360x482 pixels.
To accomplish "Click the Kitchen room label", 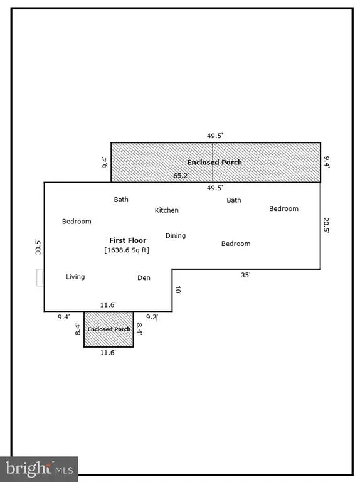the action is tap(166, 210).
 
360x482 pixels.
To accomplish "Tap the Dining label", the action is tap(176, 236).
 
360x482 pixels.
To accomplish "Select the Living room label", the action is tap(75, 277).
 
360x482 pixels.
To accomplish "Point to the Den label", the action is tap(144, 277).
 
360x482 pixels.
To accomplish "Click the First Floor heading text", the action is tap(128, 240).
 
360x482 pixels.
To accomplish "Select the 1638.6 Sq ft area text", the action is tap(127, 250).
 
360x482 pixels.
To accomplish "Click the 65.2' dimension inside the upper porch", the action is tap(181, 176).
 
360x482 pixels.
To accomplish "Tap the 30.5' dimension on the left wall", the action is tap(38, 247).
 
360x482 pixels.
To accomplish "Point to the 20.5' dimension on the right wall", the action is tap(326, 225).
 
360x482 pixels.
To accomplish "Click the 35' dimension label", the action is tap(245, 275).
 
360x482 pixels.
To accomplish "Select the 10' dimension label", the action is tap(178, 290).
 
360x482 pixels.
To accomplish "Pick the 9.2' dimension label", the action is tap(152, 317).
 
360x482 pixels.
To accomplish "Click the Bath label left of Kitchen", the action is tap(121, 200).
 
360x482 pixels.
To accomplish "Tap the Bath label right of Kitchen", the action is tap(234, 200).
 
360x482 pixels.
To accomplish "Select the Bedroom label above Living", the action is tap(77, 222).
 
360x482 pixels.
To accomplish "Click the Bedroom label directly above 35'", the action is tap(236, 244).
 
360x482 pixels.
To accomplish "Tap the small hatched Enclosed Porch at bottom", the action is tap(109, 329).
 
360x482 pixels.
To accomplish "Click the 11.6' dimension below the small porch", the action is tap(108, 353).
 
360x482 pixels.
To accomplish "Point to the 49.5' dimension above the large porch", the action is tap(214, 136).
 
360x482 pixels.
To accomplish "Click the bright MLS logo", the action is tap(39, 469).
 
